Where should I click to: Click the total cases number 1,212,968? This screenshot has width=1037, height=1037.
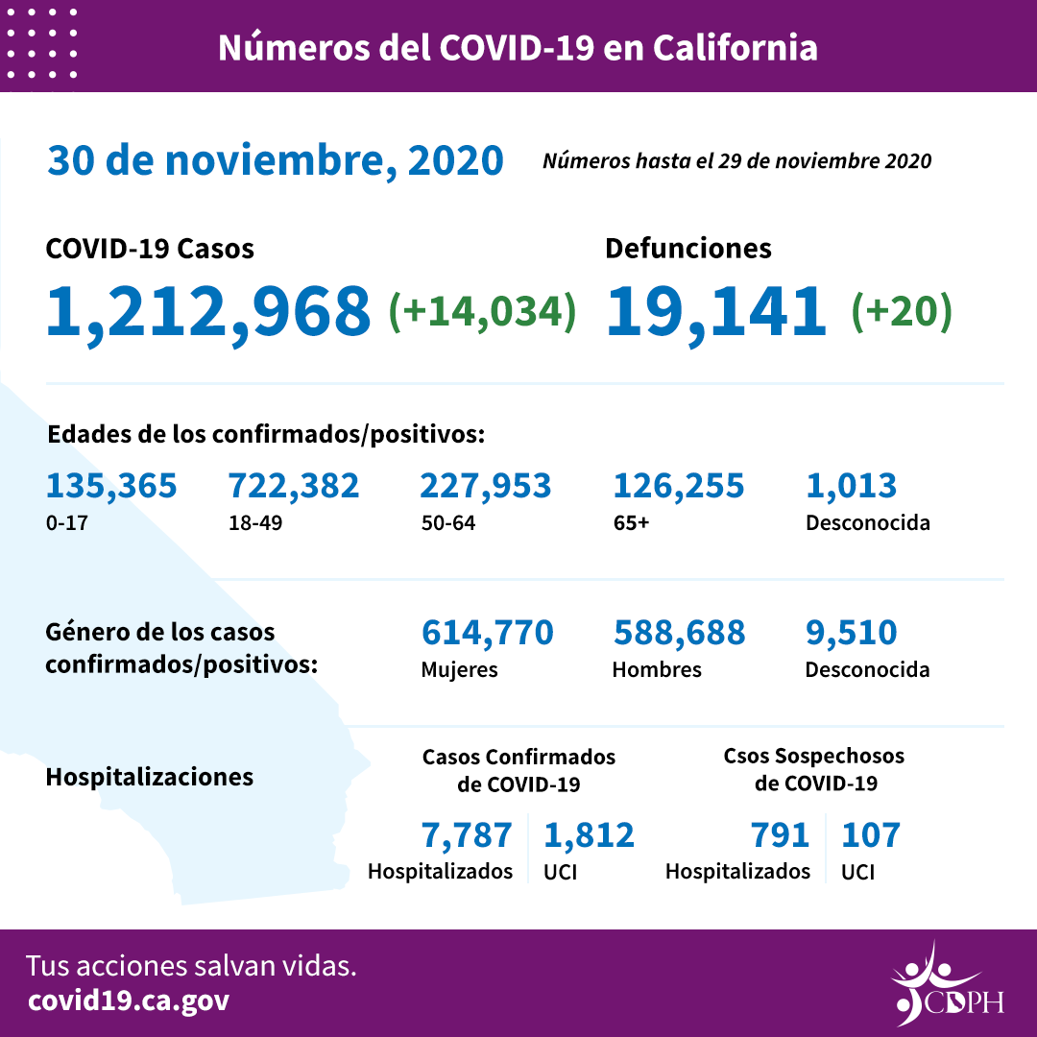point(208,311)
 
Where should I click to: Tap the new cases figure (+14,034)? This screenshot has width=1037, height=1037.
point(482,311)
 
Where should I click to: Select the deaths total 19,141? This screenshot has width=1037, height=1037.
point(716,311)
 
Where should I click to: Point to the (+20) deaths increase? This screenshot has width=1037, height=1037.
point(902,311)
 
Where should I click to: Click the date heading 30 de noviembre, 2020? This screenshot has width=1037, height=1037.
point(276,161)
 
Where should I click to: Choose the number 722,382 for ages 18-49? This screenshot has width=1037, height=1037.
point(294,486)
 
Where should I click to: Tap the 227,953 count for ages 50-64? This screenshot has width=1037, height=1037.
point(486,486)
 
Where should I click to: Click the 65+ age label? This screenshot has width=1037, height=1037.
point(632,524)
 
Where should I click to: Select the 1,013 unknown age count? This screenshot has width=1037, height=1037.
point(852,486)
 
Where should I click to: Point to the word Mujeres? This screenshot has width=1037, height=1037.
point(460,670)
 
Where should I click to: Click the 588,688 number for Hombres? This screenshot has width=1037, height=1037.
point(679,633)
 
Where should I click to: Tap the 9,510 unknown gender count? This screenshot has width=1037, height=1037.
point(852,633)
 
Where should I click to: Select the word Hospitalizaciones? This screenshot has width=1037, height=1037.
point(150,777)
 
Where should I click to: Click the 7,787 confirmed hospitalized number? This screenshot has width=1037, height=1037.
point(468,835)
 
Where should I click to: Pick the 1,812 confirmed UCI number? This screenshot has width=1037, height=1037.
point(590,835)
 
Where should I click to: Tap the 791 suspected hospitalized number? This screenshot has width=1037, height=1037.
point(782,835)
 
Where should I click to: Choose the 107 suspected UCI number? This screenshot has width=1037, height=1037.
point(871,835)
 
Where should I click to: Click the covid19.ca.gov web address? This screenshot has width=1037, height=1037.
point(129,1001)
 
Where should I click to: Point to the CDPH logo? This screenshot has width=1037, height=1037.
point(947,985)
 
